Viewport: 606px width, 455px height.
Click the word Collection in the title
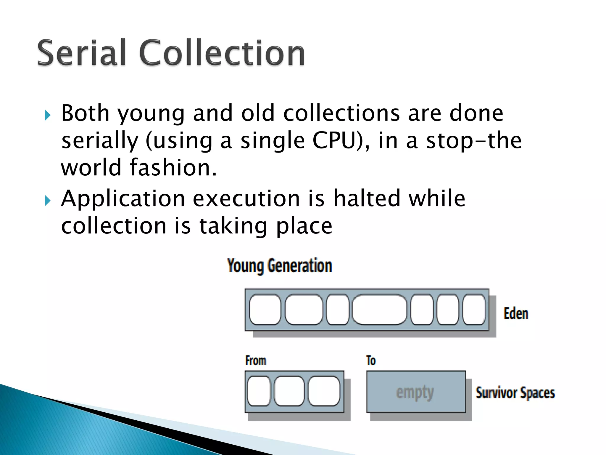coord(222,53)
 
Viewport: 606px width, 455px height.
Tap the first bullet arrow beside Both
coord(47,115)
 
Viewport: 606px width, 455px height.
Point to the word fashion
coord(173,167)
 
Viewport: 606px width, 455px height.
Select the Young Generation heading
coord(280,266)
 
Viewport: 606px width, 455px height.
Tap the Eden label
coord(516,314)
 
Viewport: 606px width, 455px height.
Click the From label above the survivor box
coord(256,361)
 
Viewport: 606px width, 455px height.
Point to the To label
coord(371,361)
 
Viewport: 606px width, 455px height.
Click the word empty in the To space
coord(415,393)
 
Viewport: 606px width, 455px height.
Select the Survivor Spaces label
coord(515,393)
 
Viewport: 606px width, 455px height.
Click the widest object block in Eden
coord(379,309)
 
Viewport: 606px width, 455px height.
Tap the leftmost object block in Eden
coord(265,309)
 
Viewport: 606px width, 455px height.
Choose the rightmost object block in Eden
coord(474,309)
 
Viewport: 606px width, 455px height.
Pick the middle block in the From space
coord(289,391)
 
